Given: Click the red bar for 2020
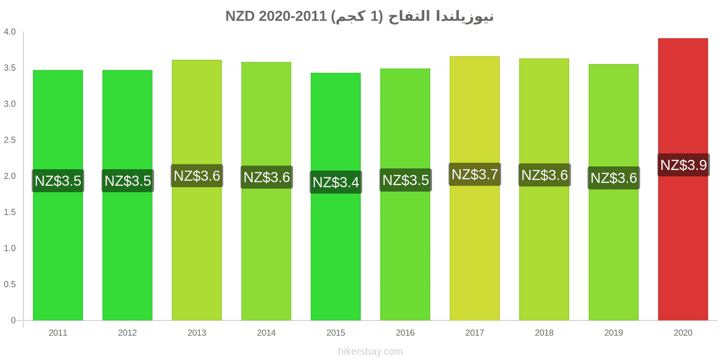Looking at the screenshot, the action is [683, 180].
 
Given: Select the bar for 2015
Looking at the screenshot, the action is [336, 197].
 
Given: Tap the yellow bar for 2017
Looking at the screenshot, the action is [474, 189].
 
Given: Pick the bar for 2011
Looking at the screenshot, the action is [58, 195].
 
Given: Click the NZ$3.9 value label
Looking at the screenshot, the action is [684, 165].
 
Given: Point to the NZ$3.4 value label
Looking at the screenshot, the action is [336, 182].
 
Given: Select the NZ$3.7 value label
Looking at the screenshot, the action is [475, 174].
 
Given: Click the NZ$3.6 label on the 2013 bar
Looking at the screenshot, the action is [197, 176].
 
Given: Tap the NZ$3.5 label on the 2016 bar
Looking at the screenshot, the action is [405, 180].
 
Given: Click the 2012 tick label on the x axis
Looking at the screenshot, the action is [127, 333].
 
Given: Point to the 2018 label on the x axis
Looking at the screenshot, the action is [544, 333].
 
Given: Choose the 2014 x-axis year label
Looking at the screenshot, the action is [266, 333].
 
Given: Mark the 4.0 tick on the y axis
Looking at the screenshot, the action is [9, 31].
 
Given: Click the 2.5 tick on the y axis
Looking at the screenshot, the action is [9, 140].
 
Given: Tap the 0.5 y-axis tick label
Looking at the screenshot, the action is [9, 284].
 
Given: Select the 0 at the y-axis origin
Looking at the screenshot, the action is [13, 320].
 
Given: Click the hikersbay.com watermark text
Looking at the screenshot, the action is [370, 351].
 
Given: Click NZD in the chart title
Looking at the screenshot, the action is [240, 16].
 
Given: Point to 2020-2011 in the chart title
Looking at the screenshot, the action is [292, 16].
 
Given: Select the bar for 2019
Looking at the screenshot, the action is [613, 192].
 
